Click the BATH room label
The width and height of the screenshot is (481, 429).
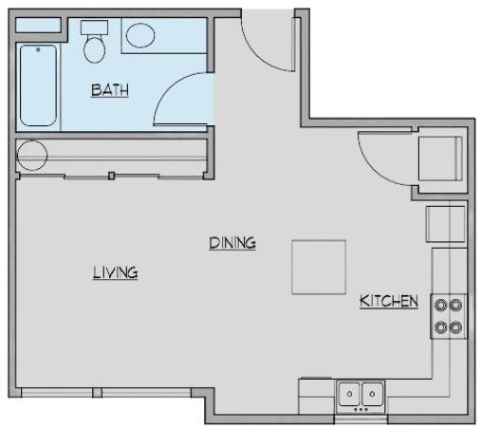(x=110, y=90)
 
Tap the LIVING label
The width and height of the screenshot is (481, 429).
(x=116, y=272)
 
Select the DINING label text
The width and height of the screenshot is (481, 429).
(x=232, y=243)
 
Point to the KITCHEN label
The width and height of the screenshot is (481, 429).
(x=389, y=301)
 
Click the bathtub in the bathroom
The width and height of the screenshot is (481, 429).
(x=38, y=85)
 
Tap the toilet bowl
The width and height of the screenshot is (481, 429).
(x=95, y=49)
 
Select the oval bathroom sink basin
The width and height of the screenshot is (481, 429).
(x=140, y=35)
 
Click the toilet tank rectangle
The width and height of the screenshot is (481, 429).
(x=94, y=28)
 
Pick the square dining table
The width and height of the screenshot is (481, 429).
(x=319, y=268)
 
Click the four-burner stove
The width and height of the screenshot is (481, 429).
(x=449, y=316)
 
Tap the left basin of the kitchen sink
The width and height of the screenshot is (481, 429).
(x=349, y=394)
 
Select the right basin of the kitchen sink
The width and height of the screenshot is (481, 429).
(x=372, y=394)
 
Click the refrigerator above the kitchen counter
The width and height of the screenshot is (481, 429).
(x=446, y=224)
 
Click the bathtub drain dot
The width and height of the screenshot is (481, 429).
(x=38, y=49)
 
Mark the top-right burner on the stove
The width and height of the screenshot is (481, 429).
(x=455, y=305)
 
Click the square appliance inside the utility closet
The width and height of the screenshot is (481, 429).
(x=440, y=159)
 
